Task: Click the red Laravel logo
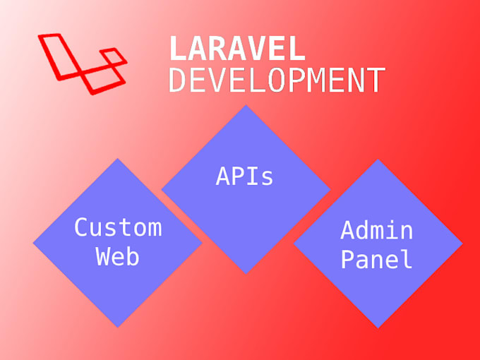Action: [81, 62]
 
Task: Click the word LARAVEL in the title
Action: [237, 49]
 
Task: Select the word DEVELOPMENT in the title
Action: [277, 80]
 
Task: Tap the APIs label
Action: [244, 176]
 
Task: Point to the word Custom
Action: [118, 227]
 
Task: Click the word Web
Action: [118, 257]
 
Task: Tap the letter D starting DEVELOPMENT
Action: [178, 80]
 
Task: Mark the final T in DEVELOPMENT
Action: [376, 80]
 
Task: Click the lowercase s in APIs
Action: [266, 178]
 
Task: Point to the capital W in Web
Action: [103, 257]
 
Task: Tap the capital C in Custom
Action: [83, 227]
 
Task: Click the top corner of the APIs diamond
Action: [245, 106]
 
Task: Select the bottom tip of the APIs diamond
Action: [245, 273]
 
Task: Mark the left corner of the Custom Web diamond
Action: [34, 243]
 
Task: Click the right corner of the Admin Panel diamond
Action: [462, 244]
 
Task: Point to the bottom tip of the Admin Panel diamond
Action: [378, 327]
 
